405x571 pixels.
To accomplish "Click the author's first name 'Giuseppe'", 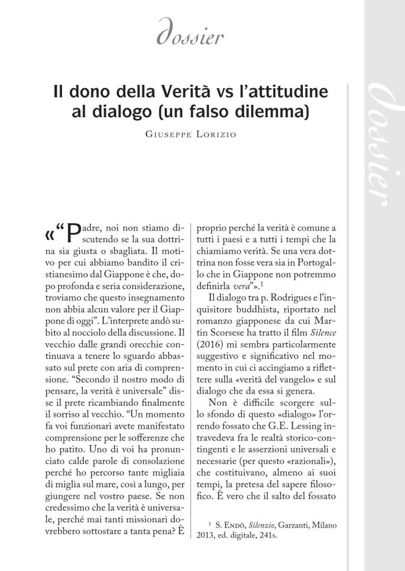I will [x=168, y=134].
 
